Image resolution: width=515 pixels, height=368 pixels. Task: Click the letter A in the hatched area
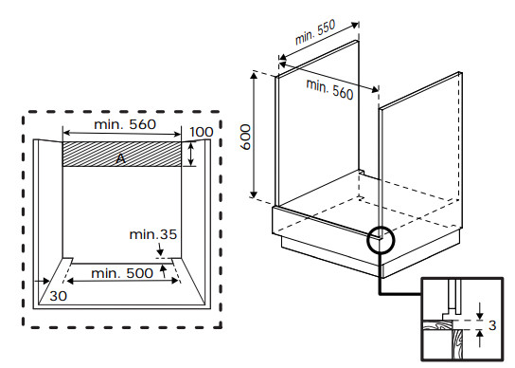click(x=121, y=158)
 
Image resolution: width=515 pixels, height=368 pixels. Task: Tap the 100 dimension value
click(x=202, y=133)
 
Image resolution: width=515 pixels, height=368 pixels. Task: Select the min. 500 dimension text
click(x=122, y=273)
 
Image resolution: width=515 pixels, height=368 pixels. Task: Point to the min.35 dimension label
click(x=153, y=234)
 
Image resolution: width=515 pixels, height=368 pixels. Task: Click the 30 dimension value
click(x=58, y=296)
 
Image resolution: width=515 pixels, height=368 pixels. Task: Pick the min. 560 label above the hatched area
click(x=125, y=124)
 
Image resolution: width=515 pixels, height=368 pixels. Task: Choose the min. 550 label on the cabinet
click(x=315, y=32)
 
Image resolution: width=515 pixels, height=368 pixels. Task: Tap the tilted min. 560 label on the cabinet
click(x=329, y=89)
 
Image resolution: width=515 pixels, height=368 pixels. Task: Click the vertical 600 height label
click(x=245, y=137)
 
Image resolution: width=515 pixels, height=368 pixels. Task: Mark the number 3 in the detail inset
click(x=492, y=325)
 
